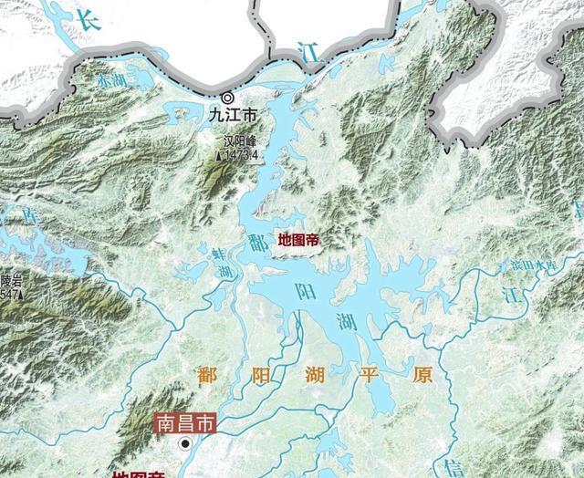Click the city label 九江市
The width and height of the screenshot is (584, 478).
tap(233, 116)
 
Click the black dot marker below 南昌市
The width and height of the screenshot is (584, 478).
tap(185, 443)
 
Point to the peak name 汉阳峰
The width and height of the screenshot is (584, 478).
tap(242, 142)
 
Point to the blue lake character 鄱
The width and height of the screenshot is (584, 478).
tap(256, 242)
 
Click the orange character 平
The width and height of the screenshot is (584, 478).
tap(372, 375)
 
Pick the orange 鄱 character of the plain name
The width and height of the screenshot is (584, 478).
tap(206, 375)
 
